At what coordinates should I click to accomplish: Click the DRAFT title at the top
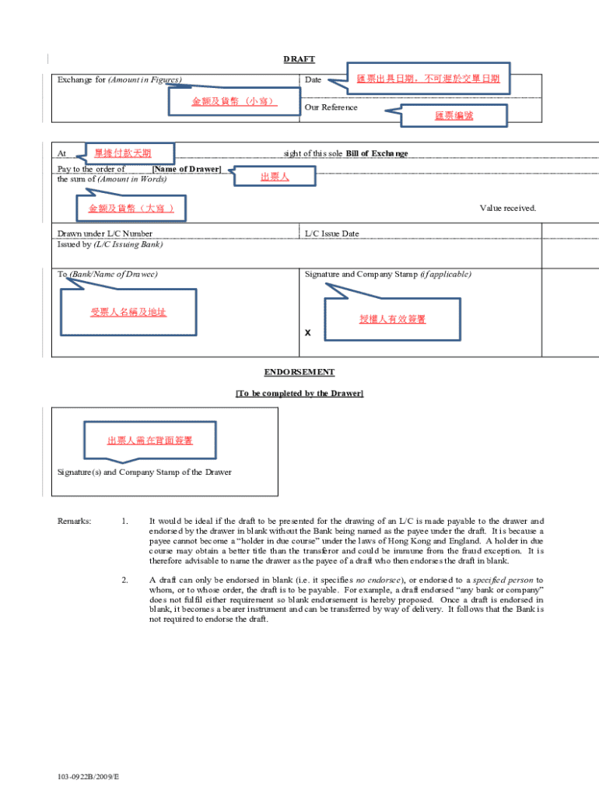pos(299,60)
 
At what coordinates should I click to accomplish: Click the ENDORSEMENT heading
pos(299,373)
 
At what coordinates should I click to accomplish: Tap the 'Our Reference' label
pos(331,107)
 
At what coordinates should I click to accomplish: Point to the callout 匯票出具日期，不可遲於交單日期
pos(428,79)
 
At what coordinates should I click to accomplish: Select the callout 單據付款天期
pos(123,153)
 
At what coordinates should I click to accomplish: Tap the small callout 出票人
pos(275,177)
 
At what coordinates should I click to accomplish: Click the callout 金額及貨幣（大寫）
pos(131,209)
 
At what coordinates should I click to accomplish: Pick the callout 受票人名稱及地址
pos(128,312)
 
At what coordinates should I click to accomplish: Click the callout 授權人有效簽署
pos(392,319)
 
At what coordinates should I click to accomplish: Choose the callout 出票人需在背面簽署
pos(150,441)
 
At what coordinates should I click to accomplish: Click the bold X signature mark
pos(308,333)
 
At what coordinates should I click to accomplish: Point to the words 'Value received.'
pos(508,208)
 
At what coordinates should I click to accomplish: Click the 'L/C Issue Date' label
pos(331,233)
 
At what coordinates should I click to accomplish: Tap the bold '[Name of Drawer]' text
pos(187,169)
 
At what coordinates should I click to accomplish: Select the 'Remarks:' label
pos(75,521)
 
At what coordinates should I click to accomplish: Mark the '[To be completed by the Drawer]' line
pos(299,394)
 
